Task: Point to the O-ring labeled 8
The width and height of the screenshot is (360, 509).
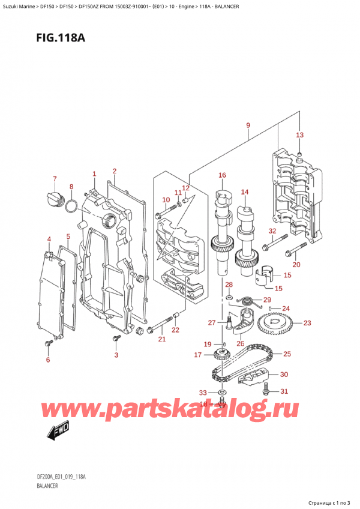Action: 70,207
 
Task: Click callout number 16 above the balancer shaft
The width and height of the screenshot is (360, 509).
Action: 222,175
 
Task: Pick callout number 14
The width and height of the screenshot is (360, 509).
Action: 245,192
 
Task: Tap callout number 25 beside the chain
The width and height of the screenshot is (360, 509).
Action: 287,354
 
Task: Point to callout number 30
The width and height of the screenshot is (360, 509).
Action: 284,375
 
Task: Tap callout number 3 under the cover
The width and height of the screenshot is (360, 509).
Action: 117,355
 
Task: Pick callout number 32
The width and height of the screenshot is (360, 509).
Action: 272,230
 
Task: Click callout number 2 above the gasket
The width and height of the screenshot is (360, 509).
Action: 114,171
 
